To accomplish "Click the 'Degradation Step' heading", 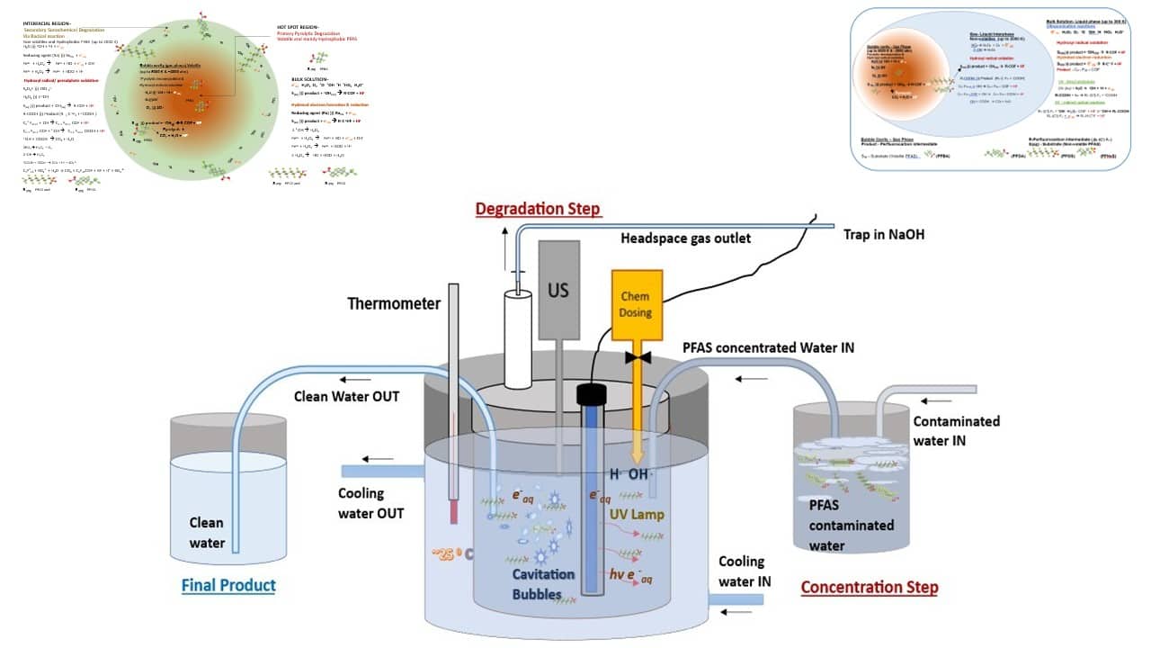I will tap(538, 209).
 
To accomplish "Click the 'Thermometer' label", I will tap(394, 303).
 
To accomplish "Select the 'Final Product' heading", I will tap(228, 586).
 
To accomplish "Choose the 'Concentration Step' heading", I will tap(870, 588).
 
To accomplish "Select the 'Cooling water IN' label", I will tap(745, 571).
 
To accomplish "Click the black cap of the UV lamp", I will tap(593, 392).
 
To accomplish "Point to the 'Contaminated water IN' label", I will tap(956, 430).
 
